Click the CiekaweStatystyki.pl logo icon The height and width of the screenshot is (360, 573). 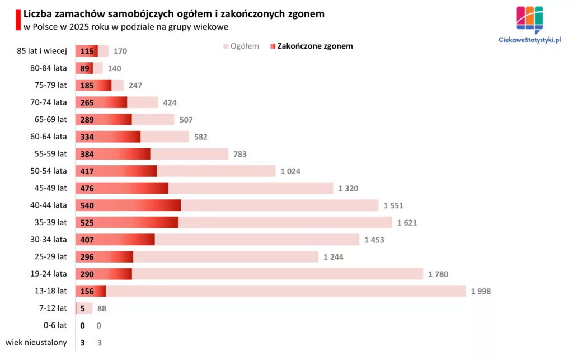coord(529,18)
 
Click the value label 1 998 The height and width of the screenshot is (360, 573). coord(481,291)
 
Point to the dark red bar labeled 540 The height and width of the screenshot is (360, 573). coord(128,205)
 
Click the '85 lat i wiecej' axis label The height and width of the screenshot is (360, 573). coord(42,51)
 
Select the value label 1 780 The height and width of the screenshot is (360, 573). coord(438,274)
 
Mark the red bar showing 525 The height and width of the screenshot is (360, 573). coord(126,222)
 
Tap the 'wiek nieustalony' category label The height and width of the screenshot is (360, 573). coord(36,342)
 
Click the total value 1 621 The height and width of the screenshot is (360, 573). coord(407,222)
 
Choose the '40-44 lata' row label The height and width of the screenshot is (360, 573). coord(48,205)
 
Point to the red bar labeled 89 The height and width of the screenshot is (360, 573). coord(84,68)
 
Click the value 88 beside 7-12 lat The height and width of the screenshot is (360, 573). coord(101,308)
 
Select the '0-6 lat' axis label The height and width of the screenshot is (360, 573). coord(55,325)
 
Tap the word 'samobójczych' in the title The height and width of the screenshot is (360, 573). coord(136,13)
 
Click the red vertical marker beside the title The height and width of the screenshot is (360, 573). coord(19,20)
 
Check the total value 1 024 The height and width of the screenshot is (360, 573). coord(290,171)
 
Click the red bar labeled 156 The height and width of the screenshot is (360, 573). coord(91,291)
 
